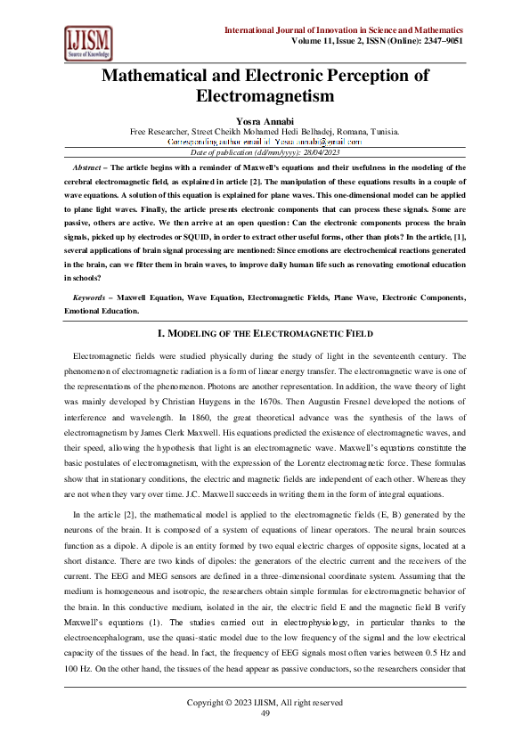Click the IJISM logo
click(x=87, y=42)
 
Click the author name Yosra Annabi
click(x=265, y=119)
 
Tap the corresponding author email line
click(x=265, y=142)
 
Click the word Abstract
click(x=87, y=167)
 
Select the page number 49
click(x=265, y=713)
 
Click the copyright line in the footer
click(x=265, y=703)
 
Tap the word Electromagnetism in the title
click(x=265, y=95)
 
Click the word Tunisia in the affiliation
click(x=383, y=131)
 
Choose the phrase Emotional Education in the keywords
click(x=102, y=311)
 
